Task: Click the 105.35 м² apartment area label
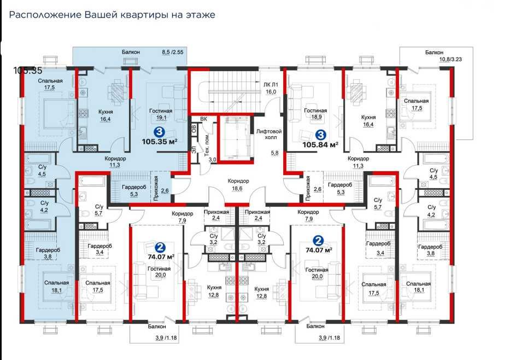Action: (x=160, y=142)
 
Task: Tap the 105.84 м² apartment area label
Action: (x=320, y=144)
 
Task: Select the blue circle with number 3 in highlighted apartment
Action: (x=160, y=132)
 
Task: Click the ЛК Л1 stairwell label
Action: (x=271, y=88)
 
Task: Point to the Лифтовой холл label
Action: (x=269, y=135)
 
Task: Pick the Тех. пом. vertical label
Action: (x=207, y=145)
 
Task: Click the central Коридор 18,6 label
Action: (x=238, y=184)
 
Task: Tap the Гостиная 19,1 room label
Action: (x=161, y=114)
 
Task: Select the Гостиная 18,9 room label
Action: (x=315, y=114)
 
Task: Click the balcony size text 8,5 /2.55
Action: (x=172, y=52)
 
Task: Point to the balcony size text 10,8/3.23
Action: (x=450, y=59)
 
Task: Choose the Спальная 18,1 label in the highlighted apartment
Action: (x=57, y=286)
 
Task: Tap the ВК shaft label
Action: (x=203, y=119)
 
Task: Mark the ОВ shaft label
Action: (x=194, y=129)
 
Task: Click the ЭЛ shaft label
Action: (x=194, y=150)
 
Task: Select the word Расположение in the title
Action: (x=45, y=15)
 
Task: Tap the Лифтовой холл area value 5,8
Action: (x=275, y=153)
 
